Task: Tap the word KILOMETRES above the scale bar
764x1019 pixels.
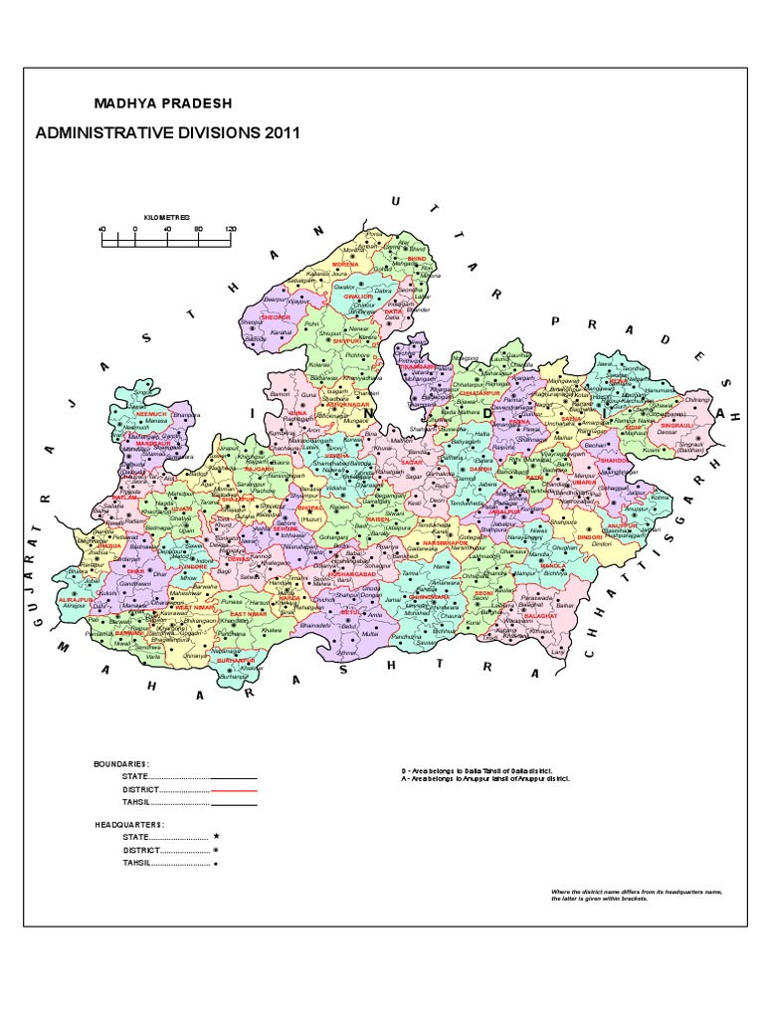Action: tap(166, 216)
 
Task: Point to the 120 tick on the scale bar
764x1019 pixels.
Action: tap(231, 229)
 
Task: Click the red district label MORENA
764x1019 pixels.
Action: tap(344, 264)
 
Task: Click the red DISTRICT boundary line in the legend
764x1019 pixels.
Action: tap(235, 790)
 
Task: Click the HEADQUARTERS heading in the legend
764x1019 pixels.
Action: tap(130, 825)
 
